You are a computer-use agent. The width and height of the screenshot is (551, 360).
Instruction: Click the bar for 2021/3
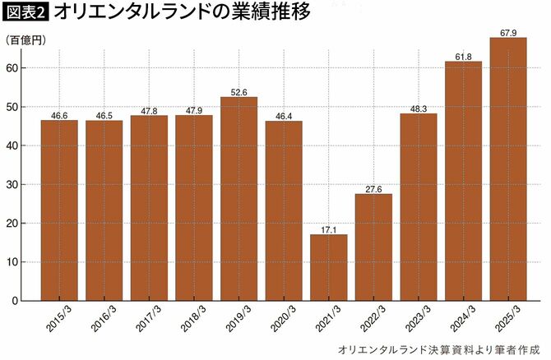328,267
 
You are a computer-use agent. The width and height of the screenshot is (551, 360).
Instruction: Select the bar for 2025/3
507,168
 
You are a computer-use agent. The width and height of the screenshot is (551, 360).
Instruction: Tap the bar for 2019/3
238,198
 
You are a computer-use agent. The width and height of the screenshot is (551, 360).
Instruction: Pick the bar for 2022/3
373,247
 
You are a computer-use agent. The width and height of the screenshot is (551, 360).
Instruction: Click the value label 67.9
507,33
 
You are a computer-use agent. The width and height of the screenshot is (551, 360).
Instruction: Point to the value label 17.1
328,229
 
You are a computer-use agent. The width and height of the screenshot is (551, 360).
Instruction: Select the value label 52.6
238,92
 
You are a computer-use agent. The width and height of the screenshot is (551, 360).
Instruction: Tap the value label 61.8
463,57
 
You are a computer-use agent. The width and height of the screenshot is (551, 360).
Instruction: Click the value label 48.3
418,108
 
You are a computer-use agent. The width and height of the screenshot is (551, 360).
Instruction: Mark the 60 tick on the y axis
14,68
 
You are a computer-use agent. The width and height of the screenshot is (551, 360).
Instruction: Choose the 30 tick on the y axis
14,185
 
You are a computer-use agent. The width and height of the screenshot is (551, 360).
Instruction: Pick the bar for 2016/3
104,210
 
